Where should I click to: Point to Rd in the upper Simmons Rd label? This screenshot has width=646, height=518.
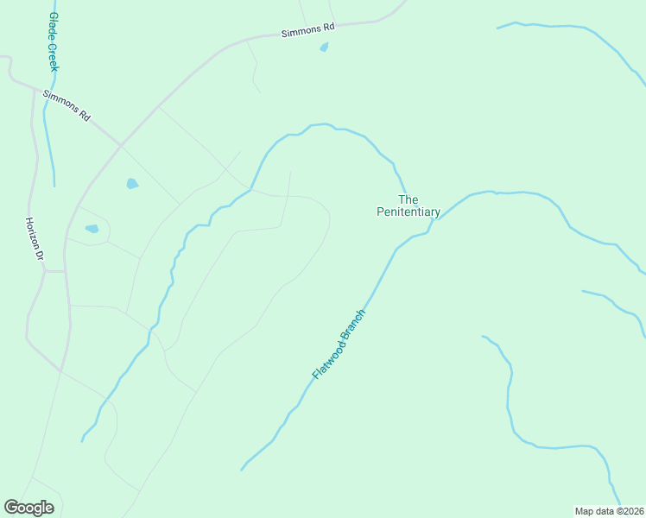(328, 28)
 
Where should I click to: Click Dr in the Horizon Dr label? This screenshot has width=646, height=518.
(39, 256)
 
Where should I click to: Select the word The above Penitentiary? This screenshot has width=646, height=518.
(408, 199)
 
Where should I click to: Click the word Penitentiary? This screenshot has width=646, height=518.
(408, 212)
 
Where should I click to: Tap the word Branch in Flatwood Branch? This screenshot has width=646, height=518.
(355, 323)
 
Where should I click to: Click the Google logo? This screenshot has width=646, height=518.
(28, 508)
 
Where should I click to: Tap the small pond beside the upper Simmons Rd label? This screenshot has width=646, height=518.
(324, 47)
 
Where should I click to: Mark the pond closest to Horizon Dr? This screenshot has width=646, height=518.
(92, 229)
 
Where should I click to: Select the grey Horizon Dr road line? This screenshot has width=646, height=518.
(35, 173)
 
